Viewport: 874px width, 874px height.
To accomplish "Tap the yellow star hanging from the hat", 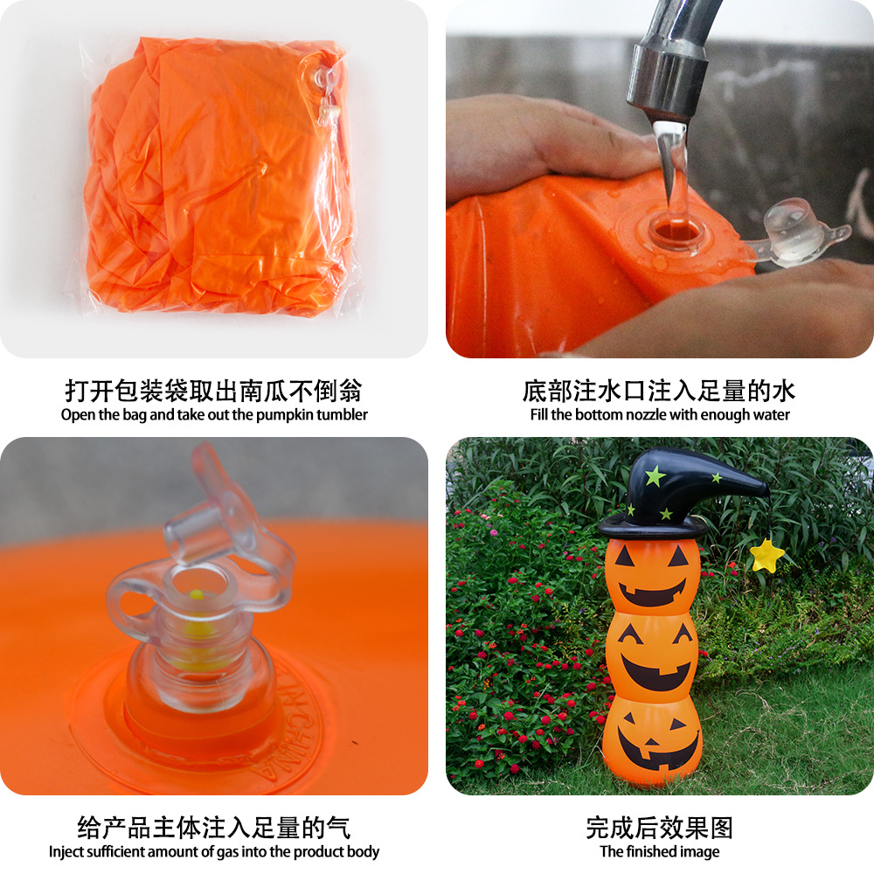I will pyautogui.click(x=766, y=555).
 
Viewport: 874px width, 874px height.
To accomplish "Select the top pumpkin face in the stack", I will pyautogui.click(x=652, y=575).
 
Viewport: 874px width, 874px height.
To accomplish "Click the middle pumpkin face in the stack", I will pyautogui.click(x=652, y=655).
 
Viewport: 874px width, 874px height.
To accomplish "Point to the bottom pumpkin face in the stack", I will pyautogui.click(x=652, y=739).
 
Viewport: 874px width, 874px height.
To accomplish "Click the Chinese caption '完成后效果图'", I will pyautogui.click(x=659, y=827).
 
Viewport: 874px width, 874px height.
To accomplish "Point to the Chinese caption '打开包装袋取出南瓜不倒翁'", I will pyautogui.click(x=214, y=390).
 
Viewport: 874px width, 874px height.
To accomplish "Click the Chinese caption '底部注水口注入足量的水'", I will pyautogui.click(x=659, y=390).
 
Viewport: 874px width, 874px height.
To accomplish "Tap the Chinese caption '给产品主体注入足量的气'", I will pyautogui.click(x=214, y=827).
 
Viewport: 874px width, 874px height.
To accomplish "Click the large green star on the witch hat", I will pyautogui.click(x=655, y=476).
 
